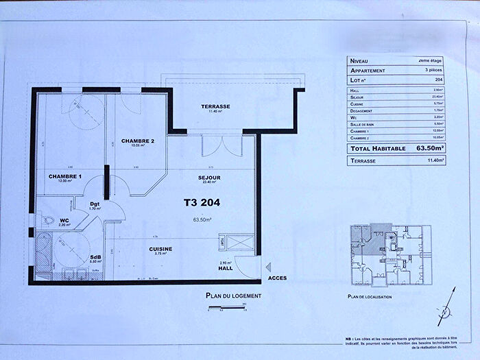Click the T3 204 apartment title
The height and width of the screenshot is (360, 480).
click(204, 202)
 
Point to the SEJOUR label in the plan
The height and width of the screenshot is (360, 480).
click(210, 178)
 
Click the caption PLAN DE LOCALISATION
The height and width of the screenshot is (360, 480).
click(370, 297)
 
